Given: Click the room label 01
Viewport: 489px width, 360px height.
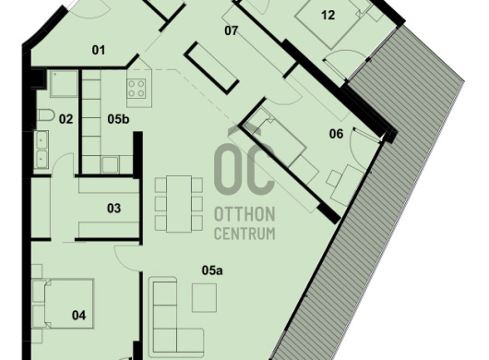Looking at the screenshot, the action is (x=99, y=50).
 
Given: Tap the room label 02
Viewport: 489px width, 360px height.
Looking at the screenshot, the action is (x=66, y=119).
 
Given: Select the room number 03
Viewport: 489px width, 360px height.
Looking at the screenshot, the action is (x=113, y=208).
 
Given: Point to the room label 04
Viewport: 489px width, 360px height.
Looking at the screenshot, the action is (x=78, y=316).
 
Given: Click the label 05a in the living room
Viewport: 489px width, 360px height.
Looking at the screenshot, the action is (x=212, y=270).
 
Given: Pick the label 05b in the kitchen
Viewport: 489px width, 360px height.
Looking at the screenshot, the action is (x=118, y=119).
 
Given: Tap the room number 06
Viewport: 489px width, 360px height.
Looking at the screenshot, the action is (x=336, y=134).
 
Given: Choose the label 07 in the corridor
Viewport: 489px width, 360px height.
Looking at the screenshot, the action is (x=231, y=30).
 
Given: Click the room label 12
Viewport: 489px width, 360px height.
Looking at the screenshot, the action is (x=328, y=15).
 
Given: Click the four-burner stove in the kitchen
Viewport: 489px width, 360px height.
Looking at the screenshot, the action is (x=137, y=89).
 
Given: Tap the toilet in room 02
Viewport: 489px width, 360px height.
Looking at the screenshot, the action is (x=45, y=115).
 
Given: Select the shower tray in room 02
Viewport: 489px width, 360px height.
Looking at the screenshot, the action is (x=64, y=83).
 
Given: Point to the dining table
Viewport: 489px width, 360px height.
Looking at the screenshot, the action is (x=179, y=204).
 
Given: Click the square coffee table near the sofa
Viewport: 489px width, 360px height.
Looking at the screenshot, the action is (x=204, y=297).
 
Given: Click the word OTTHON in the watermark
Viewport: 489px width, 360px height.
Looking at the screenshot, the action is (x=244, y=214).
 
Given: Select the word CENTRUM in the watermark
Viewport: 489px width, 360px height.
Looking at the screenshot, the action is (x=244, y=234).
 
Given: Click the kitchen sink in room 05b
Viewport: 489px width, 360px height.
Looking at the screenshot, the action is (x=110, y=164).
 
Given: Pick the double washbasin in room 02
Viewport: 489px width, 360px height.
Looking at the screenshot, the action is (x=41, y=150).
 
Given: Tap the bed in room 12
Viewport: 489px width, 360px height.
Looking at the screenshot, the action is (x=330, y=23).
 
